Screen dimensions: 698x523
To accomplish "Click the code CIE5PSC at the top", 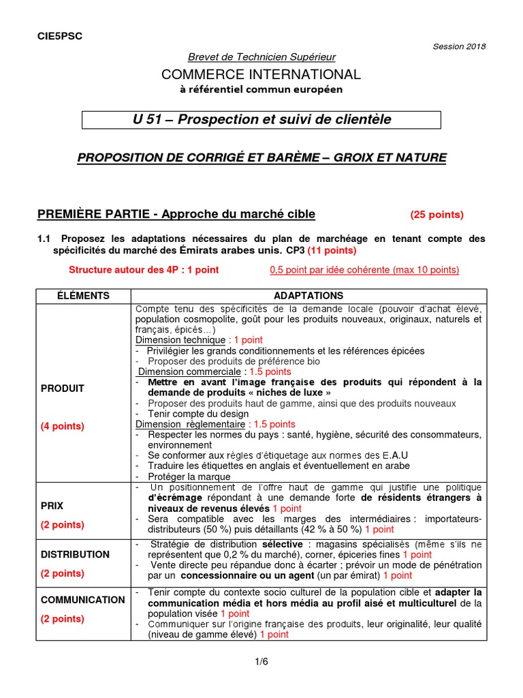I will pyautogui.click(x=59, y=36).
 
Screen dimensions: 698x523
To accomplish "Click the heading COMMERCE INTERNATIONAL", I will pyautogui.click(x=261, y=74).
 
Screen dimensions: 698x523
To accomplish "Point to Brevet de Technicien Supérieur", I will pyautogui.click(x=261, y=57).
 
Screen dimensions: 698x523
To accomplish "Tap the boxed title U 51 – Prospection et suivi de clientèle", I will pyautogui.click(x=261, y=120).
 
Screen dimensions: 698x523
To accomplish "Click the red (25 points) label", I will pyautogui.click(x=437, y=215).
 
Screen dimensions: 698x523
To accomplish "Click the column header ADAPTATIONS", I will pyautogui.click(x=308, y=295).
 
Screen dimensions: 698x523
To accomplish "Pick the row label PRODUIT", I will pyautogui.click(x=63, y=389).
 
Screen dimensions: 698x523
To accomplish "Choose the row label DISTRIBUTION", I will pyautogui.click(x=75, y=554).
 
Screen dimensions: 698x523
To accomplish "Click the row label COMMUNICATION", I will pyautogui.click(x=82, y=600).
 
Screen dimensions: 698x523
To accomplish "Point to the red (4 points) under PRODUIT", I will pyautogui.click(x=63, y=426).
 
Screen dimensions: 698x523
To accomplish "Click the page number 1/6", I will pyautogui.click(x=261, y=661).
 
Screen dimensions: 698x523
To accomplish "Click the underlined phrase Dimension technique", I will pyautogui.click(x=180, y=339).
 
